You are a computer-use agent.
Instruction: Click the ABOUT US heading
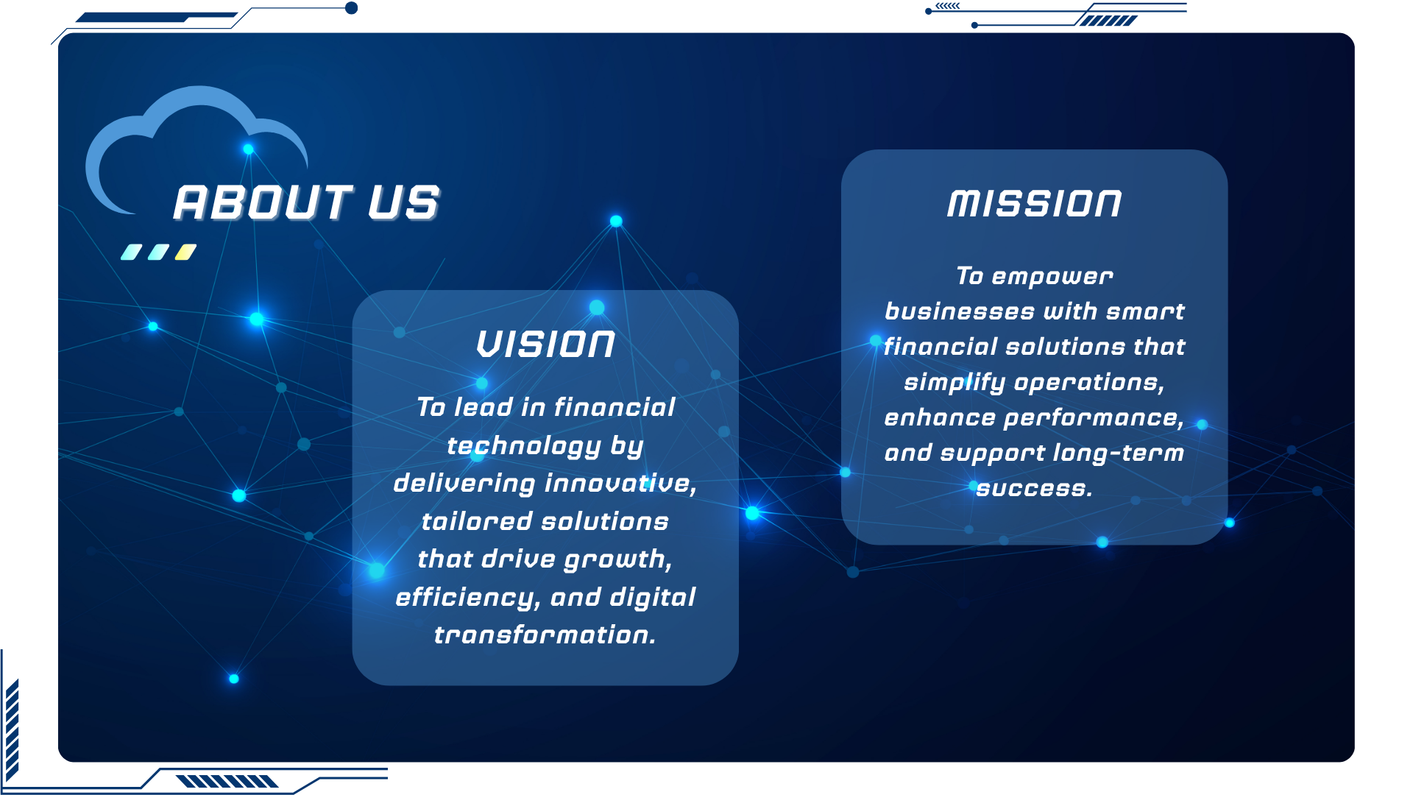[306, 203]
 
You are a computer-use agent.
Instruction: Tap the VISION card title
[545, 344]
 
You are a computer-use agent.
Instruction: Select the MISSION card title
[1035, 204]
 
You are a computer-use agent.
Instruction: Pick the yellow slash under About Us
[185, 252]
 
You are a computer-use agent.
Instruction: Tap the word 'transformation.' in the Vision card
[545, 635]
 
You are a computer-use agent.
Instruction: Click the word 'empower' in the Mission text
[1052, 278]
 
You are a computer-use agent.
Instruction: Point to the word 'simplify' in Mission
[955, 383]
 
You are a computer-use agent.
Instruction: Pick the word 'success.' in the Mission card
[1035, 488]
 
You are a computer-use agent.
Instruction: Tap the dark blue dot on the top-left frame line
[352, 8]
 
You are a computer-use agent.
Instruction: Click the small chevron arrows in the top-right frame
[948, 6]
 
